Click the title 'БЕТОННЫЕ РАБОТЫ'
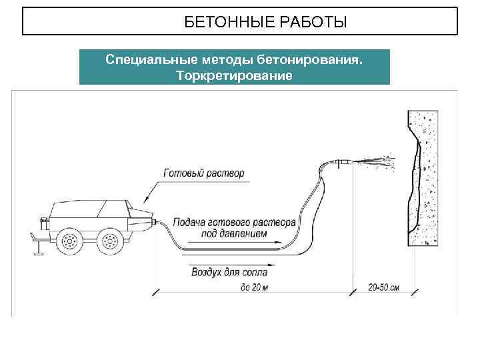[265, 23]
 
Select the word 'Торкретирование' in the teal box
[234, 75]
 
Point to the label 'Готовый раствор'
[204, 173]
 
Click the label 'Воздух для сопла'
[229, 272]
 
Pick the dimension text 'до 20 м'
[253, 287]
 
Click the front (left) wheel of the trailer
[69, 241]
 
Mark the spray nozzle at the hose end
[344, 161]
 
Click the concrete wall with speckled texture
[427, 180]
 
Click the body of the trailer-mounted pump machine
[87, 213]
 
